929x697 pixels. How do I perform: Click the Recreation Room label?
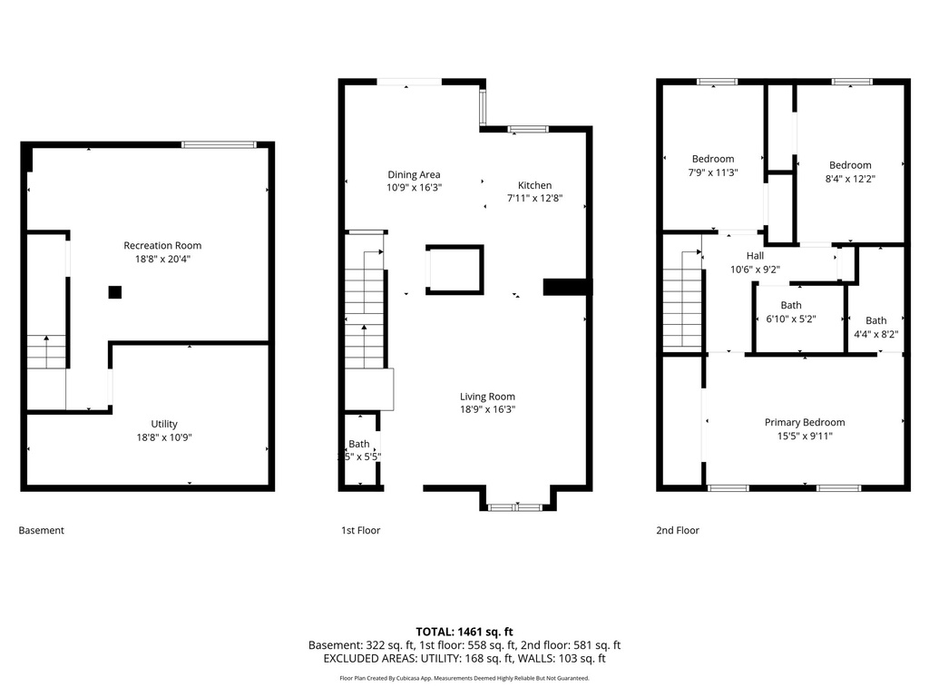[x=162, y=245]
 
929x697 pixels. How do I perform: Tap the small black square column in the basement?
[x=114, y=292]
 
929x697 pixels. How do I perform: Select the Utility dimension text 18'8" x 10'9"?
[x=164, y=437]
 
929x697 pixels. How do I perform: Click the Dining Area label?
[x=414, y=174]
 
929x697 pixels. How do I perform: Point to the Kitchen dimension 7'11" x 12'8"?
[x=534, y=198]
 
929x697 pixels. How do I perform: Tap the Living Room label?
[x=487, y=396]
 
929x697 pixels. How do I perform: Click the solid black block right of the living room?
[x=566, y=287]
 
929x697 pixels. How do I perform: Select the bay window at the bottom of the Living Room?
[x=515, y=506]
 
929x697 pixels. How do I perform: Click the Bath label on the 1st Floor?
[x=359, y=444]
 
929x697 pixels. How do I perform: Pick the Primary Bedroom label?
[x=804, y=422]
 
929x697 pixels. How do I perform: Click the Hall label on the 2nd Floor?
[x=755, y=256]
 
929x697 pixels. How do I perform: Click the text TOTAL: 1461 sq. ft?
[x=464, y=631]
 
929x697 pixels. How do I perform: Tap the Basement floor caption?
[x=42, y=530]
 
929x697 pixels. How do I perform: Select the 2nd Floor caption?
[x=678, y=530]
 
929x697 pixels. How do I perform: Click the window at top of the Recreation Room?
[x=218, y=143]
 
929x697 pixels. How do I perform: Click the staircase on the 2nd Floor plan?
[x=681, y=300]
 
